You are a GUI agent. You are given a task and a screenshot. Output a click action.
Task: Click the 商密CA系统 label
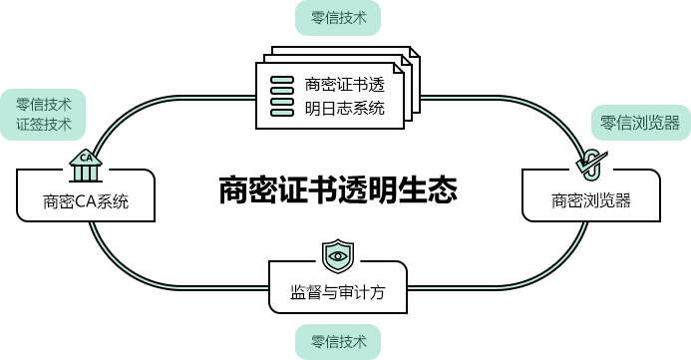[x=86, y=202]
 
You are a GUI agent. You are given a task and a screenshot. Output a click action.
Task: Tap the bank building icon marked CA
[x=86, y=166]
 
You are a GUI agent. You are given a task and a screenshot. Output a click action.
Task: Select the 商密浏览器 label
[x=591, y=200]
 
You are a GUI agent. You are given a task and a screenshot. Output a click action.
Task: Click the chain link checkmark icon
[x=590, y=163]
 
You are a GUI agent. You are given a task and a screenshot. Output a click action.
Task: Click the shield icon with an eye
[x=338, y=256]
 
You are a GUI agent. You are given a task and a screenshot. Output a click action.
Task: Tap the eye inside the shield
[x=338, y=256]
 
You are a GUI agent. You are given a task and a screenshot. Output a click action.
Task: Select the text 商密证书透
[x=344, y=84]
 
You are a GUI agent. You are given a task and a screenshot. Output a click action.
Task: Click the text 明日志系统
[x=344, y=108]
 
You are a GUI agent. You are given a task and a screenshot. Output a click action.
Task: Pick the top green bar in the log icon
[x=282, y=79]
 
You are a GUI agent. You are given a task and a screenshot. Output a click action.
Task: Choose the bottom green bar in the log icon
[x=282, y=111]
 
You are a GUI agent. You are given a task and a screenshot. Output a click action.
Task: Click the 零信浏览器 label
[x=639, y=123]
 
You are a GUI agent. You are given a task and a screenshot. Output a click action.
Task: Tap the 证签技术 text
[x=44, y=125]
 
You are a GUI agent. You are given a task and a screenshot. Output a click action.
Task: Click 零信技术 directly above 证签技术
[x=44, y=104]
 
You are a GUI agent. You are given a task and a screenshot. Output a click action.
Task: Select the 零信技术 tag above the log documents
[x=338, y=17]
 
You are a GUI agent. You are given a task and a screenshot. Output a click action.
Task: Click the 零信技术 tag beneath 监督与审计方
[x=338, y=342]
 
